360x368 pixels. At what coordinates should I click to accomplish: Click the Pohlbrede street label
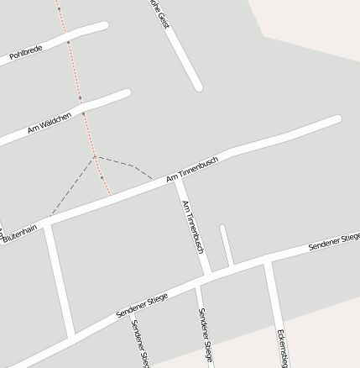tap(25, 54)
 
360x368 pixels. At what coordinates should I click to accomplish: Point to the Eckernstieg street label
tap(283, 347)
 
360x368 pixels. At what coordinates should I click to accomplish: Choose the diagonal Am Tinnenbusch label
tap(192, 169)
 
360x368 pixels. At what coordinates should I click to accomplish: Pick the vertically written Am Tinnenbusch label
tap(193, 227)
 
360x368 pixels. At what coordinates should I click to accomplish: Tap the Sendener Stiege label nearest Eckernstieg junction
tap(334, 242)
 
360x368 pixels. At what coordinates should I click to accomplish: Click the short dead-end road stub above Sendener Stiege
tap(225, 245)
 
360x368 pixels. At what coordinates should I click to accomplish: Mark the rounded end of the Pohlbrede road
tap(104, 26)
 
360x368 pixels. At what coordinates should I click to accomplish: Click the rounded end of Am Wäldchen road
tap(126, 93)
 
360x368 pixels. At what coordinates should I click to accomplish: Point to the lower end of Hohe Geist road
tap(198, 86)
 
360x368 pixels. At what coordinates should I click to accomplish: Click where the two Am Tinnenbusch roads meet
tap(178, 179)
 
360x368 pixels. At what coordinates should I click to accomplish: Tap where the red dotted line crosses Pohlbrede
tap(69, 39)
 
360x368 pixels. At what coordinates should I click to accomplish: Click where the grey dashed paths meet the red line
tap(96, 156)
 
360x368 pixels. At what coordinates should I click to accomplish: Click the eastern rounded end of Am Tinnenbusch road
tap(337, 119)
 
